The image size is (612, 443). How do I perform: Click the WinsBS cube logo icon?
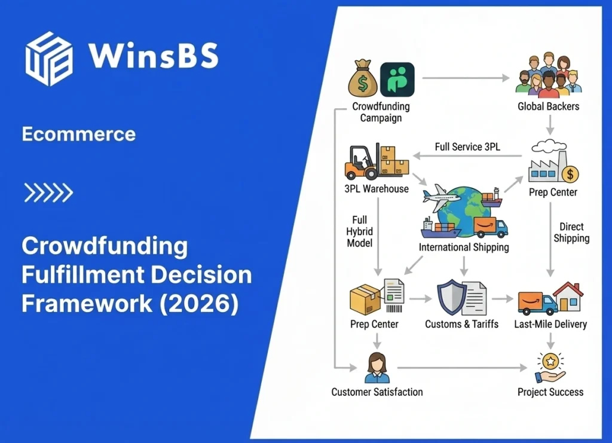click(x=48, y=58)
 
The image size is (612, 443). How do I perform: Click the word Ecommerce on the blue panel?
click(x=78, y=134)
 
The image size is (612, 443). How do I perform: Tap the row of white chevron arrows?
click(x=48, y=193)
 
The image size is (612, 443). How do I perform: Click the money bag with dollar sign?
click(x=362, y=78)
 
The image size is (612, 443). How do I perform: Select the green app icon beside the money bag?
click(x=397, y=78)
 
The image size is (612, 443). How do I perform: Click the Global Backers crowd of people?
click(x=548, y=77)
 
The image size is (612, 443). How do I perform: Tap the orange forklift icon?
click(x=363, y=162)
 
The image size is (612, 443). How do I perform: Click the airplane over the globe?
click(x=441, y=196)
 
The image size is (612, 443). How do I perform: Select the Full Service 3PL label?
click(x=468, y=146)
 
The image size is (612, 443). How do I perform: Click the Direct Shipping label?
click(x=571, y=233)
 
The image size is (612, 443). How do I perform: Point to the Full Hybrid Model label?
click(x=360, y=231)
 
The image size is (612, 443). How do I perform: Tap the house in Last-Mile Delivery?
click(x=568, y=297)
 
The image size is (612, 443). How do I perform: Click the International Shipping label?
click(x=464, y=247)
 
